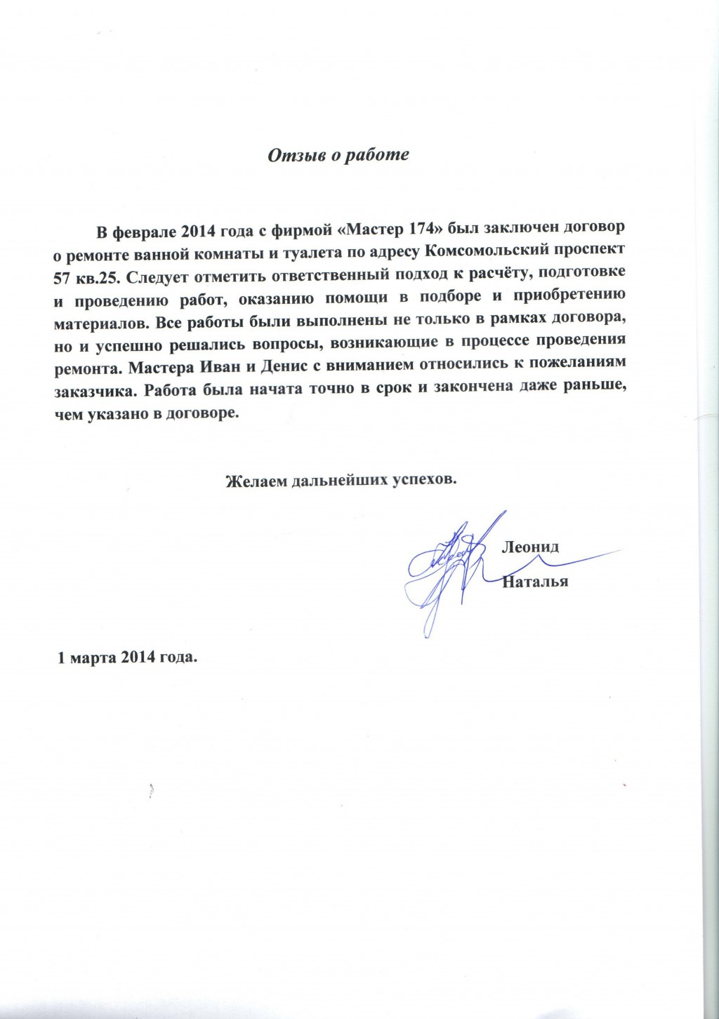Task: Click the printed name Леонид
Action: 529,548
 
